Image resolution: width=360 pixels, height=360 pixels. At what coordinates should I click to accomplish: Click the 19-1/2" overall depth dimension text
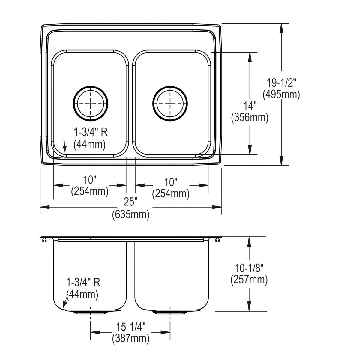tap(281, 83)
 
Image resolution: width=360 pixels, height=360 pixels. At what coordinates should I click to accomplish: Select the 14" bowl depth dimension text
tap(250, 106)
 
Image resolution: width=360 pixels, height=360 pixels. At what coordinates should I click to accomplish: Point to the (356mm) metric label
tap(250, 118)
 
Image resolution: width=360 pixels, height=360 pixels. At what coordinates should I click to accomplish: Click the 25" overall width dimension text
tap(130, 202)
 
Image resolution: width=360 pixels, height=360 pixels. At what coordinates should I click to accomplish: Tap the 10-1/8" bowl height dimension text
tap(249, 268)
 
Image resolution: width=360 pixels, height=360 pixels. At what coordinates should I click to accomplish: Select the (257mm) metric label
tap(249, 280)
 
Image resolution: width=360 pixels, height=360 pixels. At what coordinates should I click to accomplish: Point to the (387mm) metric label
tap(131, 338)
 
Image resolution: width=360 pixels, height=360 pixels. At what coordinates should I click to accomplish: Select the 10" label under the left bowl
tap(90, 180)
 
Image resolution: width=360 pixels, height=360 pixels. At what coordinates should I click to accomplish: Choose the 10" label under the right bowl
tap(171, 182)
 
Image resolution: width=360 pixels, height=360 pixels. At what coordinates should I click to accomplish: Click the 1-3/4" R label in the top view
tap(91, 132)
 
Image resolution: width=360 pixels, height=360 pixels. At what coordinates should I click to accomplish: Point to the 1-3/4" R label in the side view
tap(83, 282)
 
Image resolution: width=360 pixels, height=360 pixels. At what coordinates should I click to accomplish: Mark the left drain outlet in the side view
tap(91, 312)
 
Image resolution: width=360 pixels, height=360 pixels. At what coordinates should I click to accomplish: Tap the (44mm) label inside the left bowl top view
tap(90, 144)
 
